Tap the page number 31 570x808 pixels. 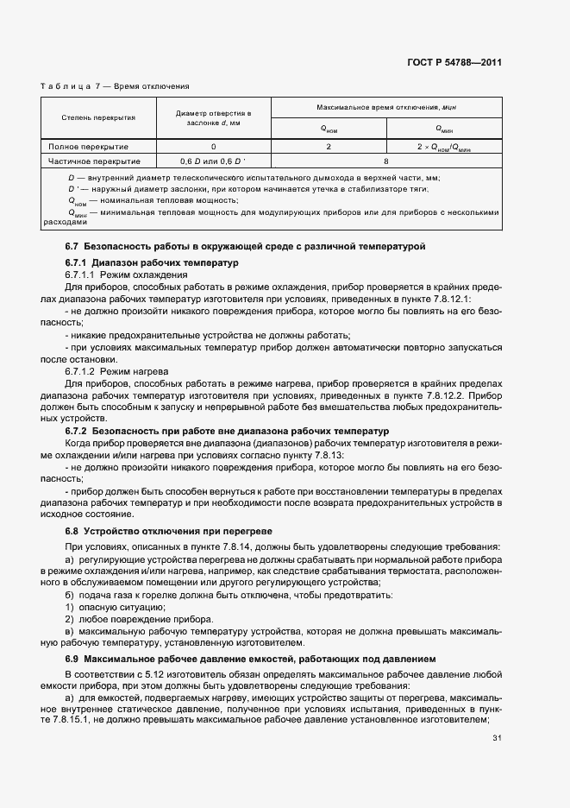[497, 738]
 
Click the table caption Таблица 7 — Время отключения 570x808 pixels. [115, 86]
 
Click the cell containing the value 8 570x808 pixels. [386, 161]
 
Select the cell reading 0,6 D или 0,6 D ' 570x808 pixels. [213, 161]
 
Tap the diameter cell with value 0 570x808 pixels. [213, 147]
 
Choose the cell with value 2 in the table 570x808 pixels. [329, 147]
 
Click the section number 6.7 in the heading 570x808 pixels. [72, 247]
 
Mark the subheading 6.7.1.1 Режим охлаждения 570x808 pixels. [126, 274]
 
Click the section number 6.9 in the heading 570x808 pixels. [72, 659]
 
